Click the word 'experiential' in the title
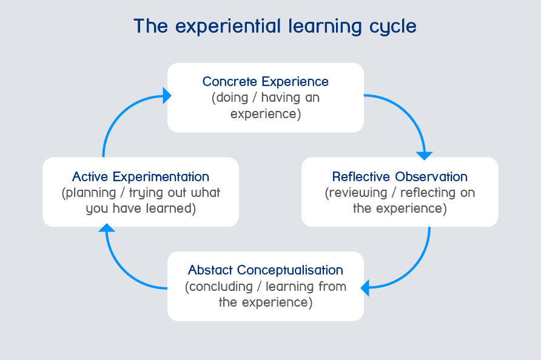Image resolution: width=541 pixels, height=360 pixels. pyautogui.click(x=228, y=27)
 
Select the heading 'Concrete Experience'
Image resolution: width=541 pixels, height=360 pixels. pyautogui.click(x=265, y=82)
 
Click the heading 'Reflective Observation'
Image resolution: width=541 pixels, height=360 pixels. pyautogui.click(x=400, y=176)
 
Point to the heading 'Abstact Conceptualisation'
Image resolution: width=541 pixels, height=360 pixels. pyautogui.click(x=265, y=270)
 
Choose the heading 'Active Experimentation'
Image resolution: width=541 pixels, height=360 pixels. pyautogui.click(x=141, y=176)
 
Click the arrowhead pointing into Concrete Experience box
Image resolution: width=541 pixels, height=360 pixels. pyautogui.click(x=167, y=96)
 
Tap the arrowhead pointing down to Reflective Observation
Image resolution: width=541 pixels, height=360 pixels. pyautogui.click(x=425, y=156)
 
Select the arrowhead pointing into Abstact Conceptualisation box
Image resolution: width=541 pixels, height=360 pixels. pyautogui.click(x=365, y=288)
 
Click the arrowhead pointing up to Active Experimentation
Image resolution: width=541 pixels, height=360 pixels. pyautogui.click(x=107, y=228)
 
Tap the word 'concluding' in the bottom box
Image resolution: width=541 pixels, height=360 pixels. pyautogui.click(x=219, y=287)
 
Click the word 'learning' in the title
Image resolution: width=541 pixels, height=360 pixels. pyautogui.click(x=325, y=27)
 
